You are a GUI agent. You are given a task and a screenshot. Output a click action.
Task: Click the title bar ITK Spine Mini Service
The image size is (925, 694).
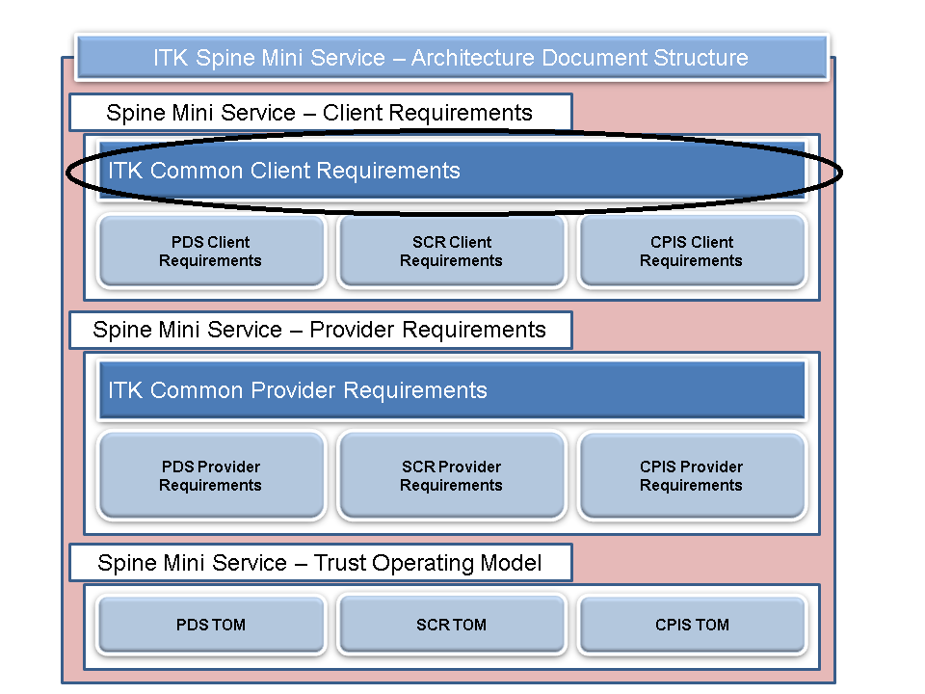pos(451,58)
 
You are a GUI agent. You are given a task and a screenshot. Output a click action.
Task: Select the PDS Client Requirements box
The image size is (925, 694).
pos(210,252)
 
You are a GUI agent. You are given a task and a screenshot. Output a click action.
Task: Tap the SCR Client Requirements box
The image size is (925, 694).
pos(451,252)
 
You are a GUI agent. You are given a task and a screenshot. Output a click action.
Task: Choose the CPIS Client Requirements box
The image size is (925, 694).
pos(691,252)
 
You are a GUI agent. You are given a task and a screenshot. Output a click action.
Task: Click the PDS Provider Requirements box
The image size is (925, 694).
pos(210,476)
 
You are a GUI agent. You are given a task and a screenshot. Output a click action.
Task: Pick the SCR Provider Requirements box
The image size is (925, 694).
pos(451,476)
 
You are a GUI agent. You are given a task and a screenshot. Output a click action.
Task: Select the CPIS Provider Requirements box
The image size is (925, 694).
pos(691,476)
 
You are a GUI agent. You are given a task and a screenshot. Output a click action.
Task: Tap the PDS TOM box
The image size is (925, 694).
pos(210,625)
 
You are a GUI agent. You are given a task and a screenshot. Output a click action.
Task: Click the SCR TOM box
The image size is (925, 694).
pos(451,625)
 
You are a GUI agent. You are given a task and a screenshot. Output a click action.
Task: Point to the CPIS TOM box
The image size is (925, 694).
pos(691,625)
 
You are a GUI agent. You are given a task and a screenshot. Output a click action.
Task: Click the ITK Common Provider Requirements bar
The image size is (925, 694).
pos(451,390)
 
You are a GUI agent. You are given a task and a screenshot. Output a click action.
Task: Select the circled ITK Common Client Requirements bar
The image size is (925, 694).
pos(451,171)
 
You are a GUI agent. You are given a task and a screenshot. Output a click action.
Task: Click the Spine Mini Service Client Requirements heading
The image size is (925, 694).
pos(320,113)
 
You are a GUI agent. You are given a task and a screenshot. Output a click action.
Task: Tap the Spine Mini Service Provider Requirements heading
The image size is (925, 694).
pos(320,330)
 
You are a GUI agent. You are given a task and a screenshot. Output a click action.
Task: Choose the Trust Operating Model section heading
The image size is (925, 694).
pos(320,562)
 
